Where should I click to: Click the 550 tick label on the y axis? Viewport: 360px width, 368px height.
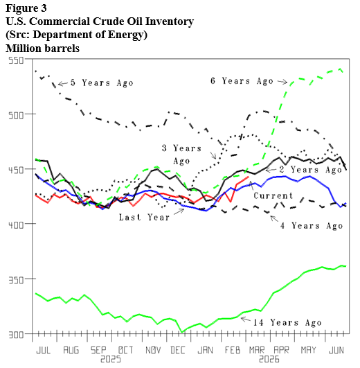pyautogui.click(x=15, y=60)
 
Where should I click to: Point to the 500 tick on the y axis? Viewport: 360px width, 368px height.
pyautogui.click(x=15, y=114)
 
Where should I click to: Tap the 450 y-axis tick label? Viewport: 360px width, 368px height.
pyautogui.click(x=15, y=169)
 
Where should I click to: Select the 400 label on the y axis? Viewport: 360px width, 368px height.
pyautogui.click(x=15, y=224)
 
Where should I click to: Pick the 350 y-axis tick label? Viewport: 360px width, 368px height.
pyautogui.click(x=15, y=279)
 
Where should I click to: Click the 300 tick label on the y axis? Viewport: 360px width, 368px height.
pyautogui.click(x=15, y=333)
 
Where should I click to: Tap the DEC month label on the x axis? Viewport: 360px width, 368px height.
pyautogui.click(x=178, y=351)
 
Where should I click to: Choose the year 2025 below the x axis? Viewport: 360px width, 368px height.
pyautogui.click(x=110, y=360)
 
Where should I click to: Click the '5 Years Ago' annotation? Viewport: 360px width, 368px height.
pyautogui.click(x=102, y=83)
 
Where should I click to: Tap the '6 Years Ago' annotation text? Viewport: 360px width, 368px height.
pyautogui.click(x=242, y=81)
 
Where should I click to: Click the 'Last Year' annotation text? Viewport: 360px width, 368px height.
pyautogui.click(x=144, y=217)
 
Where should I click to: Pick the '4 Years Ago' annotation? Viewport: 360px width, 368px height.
pyautogui.click(x=311, y=225)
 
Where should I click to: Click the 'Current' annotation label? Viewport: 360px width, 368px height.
pyautogui.click(x=274, y=196)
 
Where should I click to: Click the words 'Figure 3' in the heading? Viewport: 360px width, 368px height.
pyautogui.click(x=28, y=8)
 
